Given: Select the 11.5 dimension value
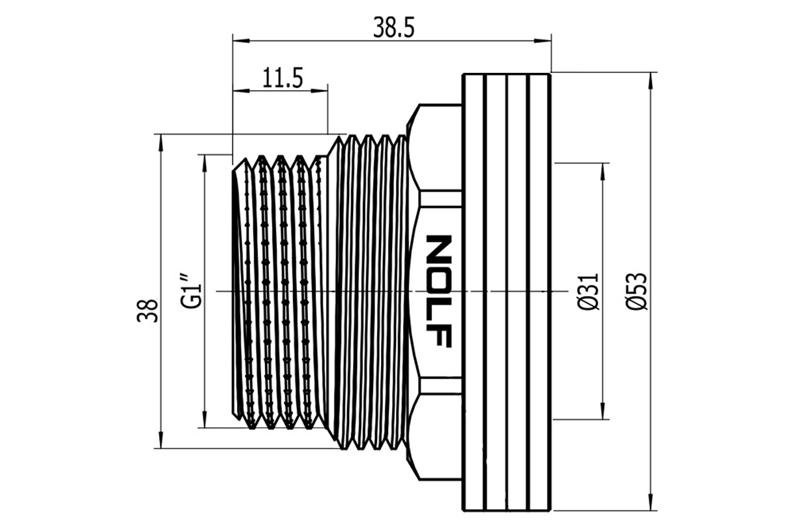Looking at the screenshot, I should point(282,78).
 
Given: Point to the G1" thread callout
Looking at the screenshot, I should point(192,291).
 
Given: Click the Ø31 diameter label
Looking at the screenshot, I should point(588,291).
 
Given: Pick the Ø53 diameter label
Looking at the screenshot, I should point(637,291).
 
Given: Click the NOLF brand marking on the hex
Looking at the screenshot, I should point(439,291).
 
